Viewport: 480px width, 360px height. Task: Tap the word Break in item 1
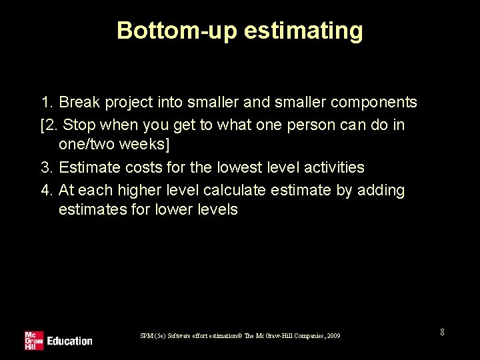pyautogui.click(x=79, y=103)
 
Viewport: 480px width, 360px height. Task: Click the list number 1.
pyautogui.click(x=46, y=103)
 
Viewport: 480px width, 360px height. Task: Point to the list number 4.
pyautogui.click(x=46, y=190)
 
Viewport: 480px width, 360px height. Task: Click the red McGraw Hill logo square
pyautogui.click(x=33, y=340)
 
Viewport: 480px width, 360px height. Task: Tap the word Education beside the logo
pyautogui.click(x=69, y=341)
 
